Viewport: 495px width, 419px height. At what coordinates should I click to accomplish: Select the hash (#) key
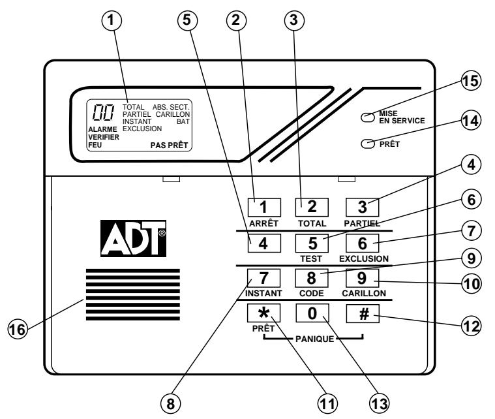362,314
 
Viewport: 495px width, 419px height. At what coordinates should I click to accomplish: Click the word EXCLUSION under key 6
364,258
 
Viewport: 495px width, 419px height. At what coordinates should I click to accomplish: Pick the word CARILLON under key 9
364,294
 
